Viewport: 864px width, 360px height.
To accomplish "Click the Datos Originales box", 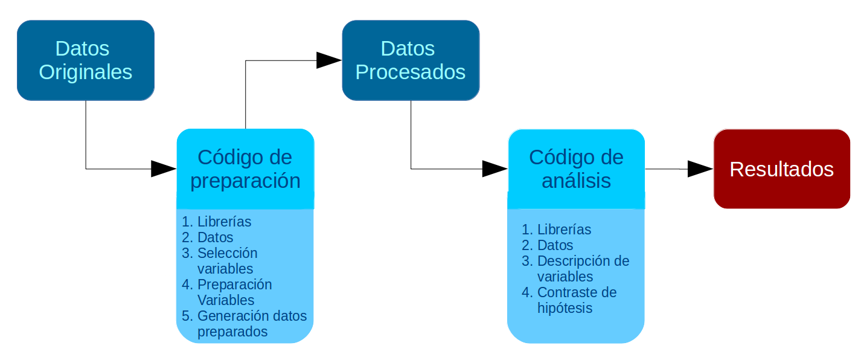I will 86,60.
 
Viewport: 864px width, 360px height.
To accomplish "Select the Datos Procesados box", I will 411,60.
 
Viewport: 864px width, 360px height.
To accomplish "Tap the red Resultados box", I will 781,169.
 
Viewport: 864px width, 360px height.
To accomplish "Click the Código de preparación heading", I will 245,169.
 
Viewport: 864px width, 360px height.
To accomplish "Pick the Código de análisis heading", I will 576,169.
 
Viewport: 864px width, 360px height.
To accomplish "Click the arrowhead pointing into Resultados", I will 700,169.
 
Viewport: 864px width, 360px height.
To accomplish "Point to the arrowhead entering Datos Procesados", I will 329,60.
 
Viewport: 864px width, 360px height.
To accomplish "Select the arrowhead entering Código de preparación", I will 163,169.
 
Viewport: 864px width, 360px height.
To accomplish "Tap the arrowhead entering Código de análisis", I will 494,169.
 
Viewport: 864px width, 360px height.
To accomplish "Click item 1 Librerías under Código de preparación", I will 224,222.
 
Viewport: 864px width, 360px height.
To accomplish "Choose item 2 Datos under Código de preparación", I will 215,237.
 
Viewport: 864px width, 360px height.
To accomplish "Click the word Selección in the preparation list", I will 227,253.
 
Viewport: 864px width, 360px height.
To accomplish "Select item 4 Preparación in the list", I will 234,284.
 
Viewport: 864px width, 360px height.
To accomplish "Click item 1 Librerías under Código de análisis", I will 564,230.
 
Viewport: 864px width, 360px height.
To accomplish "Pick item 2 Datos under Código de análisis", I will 555,245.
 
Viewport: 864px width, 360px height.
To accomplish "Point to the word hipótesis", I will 565,308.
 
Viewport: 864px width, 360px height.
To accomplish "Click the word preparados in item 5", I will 232,332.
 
